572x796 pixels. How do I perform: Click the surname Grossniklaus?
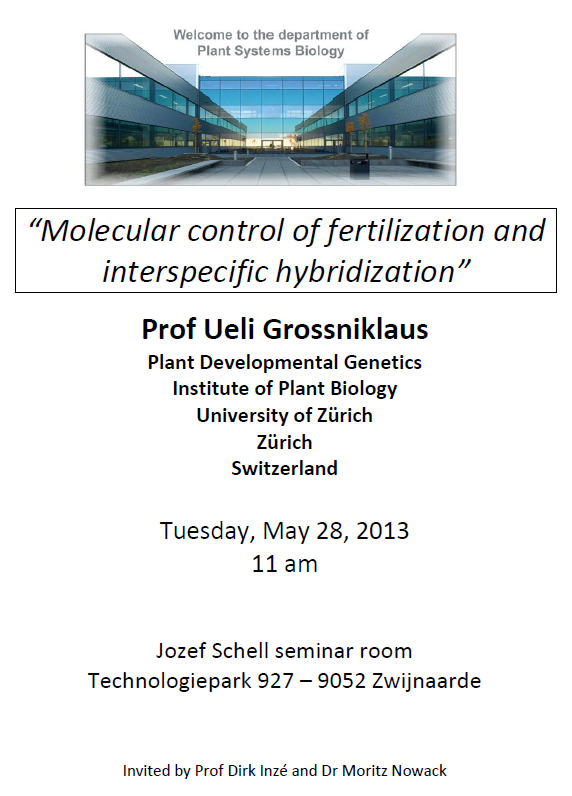click(346, 329)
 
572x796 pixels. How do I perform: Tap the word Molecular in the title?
click(110, 231)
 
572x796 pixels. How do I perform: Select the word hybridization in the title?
click(365, 272)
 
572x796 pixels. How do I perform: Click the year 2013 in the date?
click(382, 531)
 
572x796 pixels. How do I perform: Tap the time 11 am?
click(285, 564)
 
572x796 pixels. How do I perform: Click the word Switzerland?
click(285, 468)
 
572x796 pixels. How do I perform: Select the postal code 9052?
click(342, 681)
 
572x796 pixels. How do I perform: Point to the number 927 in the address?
click(276, 681)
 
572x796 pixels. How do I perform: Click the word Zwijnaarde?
click(426, 681)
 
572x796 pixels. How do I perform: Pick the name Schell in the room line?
click(241, 651)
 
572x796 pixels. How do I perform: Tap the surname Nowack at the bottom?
click(419, 771)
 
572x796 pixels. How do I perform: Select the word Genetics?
click(383, 362)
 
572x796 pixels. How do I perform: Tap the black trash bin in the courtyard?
click(359, 167)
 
